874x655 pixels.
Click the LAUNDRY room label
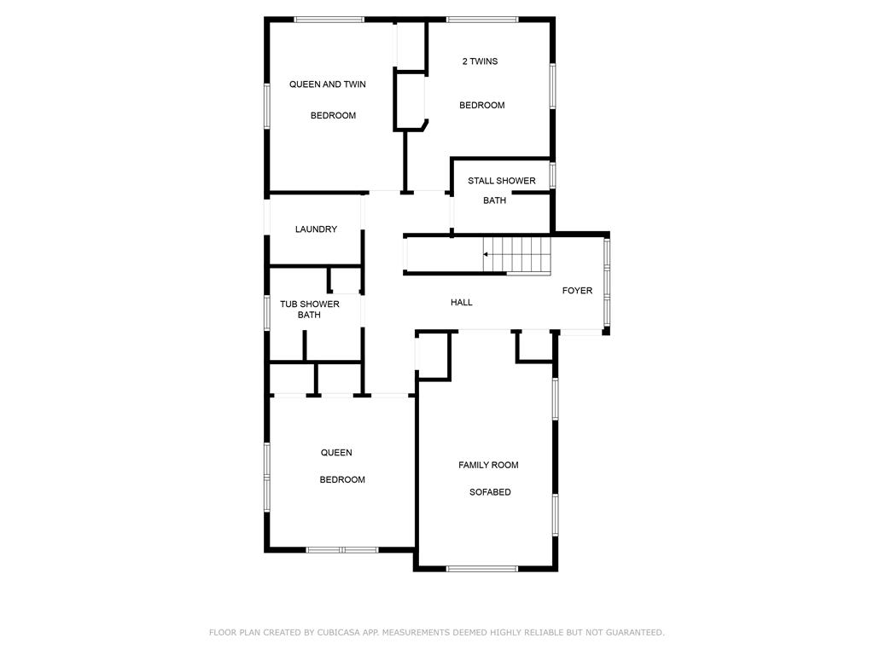(x=316, y=229)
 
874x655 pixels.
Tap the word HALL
(x=462, y=303)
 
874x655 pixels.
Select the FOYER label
(x=577, y=290)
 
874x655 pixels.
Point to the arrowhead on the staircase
(x=486, y=254)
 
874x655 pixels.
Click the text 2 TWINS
(x=480, y=61)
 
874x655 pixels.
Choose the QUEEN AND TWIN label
(x=327, y=84)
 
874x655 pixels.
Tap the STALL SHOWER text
(x=502, y=181)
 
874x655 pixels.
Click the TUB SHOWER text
(x=309, y=304)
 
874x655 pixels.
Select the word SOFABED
(x=490, y=492)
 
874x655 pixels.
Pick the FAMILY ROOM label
(x=488, y=465)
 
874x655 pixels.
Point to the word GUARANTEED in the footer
(x=635, y=632)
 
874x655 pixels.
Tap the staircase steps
(x=516, y=256)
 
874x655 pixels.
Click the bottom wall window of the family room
(x=482, y=569)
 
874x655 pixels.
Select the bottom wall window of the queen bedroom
(x=341, y=550)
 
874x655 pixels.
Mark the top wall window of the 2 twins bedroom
(x=482, y=20)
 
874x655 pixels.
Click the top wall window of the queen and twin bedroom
(x=329, y=20)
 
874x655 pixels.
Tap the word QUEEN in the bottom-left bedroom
(x=336, y=452)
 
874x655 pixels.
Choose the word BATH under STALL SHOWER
(x=494, y=200)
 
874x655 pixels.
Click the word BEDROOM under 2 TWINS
(x=482, y=105)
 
